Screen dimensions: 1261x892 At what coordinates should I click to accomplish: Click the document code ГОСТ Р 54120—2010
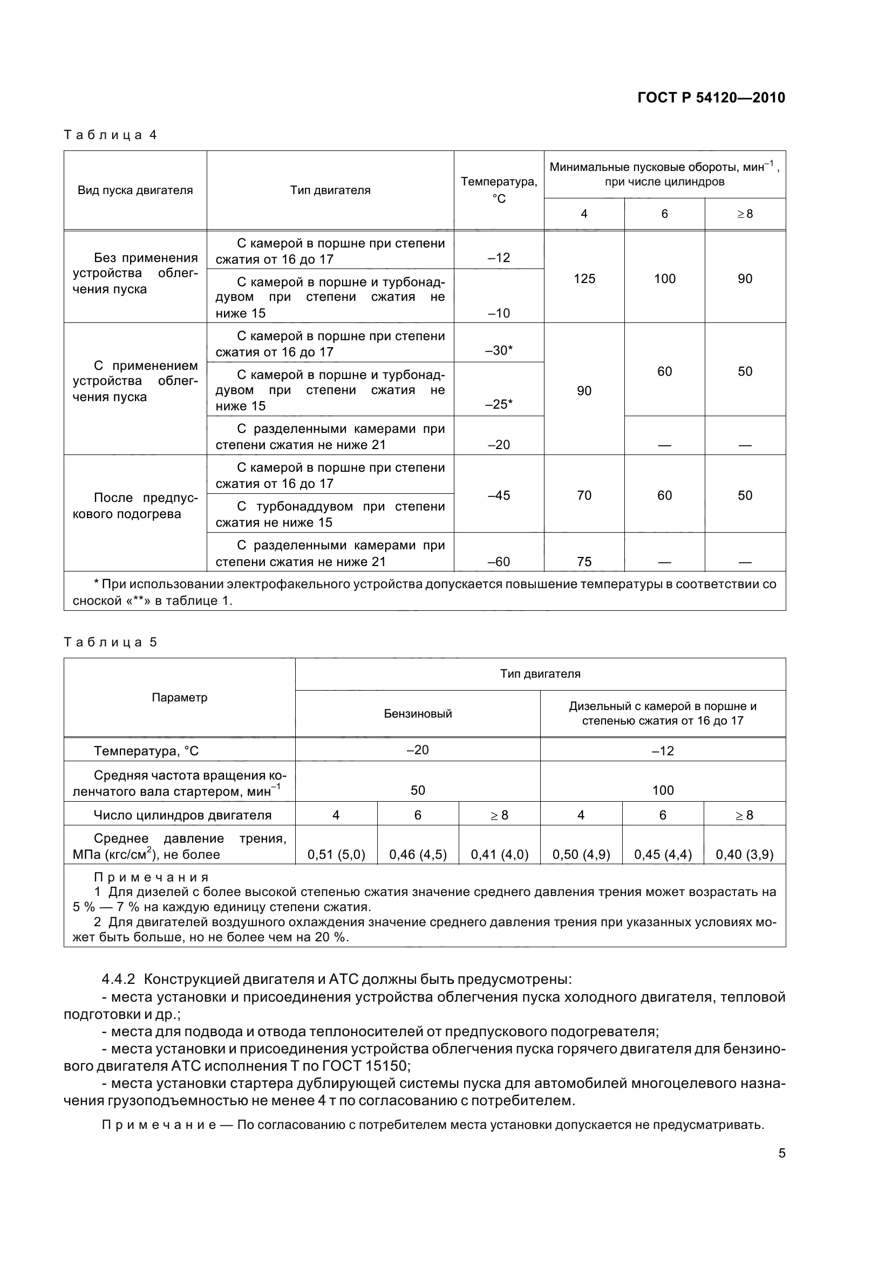click(711, 98)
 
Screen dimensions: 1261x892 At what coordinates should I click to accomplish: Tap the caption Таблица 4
click(111, 135)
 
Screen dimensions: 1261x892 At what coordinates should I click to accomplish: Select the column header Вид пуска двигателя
click(135, 190)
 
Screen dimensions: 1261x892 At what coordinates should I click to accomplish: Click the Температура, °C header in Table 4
click(499, 189)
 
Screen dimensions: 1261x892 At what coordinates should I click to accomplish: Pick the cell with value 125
click(584, 278)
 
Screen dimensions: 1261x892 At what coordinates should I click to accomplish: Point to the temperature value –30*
click(499, 350)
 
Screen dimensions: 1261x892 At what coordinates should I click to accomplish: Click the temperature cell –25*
click(499, 404)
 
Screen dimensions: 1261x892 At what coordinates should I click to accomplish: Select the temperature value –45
click(499, 495)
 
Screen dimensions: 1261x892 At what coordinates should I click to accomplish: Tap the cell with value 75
click(584, 561)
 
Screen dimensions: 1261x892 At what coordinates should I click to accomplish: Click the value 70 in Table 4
click(584, 495)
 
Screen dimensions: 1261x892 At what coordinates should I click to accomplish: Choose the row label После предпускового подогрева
click(135, 506)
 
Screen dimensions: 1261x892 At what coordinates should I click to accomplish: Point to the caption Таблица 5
click(111, 642)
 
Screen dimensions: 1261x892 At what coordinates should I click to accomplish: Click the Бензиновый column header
click(418, 713)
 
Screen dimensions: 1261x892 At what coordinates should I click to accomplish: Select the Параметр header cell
click(179, 698)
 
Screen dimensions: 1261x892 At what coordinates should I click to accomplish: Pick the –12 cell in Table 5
click(662, 750)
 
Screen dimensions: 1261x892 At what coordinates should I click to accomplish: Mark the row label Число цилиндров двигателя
click(182, 815)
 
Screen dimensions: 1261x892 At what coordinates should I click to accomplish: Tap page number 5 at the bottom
click(781, 1152)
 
